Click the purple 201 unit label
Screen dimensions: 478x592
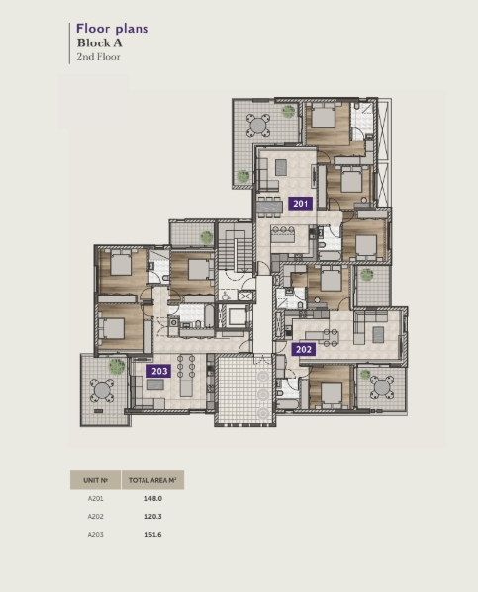point(301,204)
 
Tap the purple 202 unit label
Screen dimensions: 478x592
point(304,349)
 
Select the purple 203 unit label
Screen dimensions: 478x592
point(159,371)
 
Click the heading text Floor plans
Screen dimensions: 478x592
point(112,29)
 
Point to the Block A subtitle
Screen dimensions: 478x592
point(99,43)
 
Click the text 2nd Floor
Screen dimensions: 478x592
point(98,57)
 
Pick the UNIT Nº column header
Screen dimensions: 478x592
point(95,480)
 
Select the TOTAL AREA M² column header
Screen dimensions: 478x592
point(152,480)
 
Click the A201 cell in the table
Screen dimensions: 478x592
point(95,499)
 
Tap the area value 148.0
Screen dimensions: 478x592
point(153,499)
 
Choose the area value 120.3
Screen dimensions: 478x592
point(153,517)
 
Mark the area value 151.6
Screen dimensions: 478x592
point(153,535)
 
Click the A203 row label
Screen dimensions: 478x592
point(95,535)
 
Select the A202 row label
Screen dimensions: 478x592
point(95,517)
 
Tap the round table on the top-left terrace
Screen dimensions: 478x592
point(258,126)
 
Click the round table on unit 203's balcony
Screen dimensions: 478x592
point(102,391)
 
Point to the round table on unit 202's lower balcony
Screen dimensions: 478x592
point(382,387)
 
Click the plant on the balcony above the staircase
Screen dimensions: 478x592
point(207,237)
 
